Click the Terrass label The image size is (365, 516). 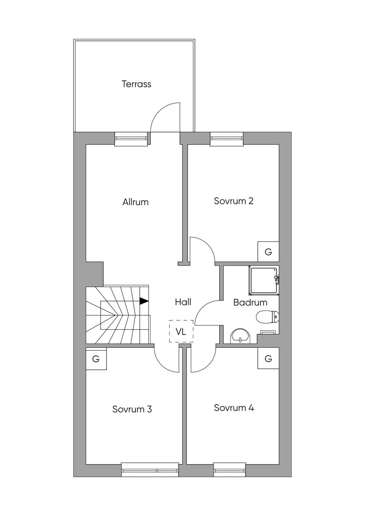click(x=137, y=84)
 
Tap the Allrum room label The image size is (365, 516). click(x=135, y=202)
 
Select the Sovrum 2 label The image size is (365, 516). click(x=234, y=201)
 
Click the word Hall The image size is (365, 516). click(x=183, y=302)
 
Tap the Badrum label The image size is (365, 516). click(x=250, y=302)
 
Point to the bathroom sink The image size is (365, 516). click(x=240, y=336)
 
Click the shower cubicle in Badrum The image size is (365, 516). click(x=264, y=280)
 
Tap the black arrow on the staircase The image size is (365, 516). click(x=144, y=301)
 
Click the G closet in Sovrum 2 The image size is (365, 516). click(x=268, y=252)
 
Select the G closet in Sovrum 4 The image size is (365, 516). click(x=268, y=358)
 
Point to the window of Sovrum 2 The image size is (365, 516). click(x=227, y=139)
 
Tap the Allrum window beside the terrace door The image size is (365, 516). click(x=131, y=139)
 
